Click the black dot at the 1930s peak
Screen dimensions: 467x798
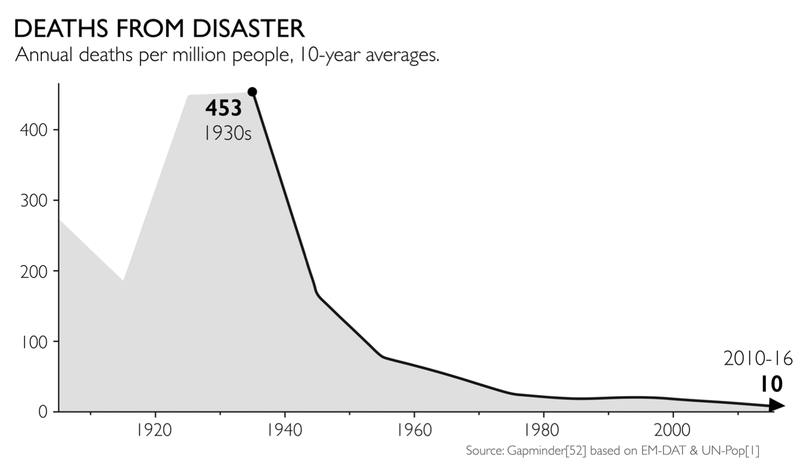pyautogui.click(x=252, y=92)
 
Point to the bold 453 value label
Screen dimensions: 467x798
pyautogui.click(x=223, y=108)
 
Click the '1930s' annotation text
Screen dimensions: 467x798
pyautogui.click(x=228, y=133)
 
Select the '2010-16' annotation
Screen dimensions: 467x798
pyautogui.click(x=758, y=359)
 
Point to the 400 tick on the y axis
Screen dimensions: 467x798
pyautogui.click(x=34, y=130)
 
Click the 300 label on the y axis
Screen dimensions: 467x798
pyautogui.click(x=34, y=201)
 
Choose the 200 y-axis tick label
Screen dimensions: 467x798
pyautogui.click(x=34, y=272)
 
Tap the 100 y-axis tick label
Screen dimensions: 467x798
pyautogui.click(x=34, y=342)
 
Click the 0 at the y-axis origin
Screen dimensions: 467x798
pyautogui.click(x=42, y=412)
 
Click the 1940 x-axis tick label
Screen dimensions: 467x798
pyautogui.click(x=284, y=430)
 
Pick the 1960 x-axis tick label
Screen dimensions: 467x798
pyautogui.click(x=414, y=430)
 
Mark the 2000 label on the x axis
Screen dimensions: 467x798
pyautogui.click(x=672, y=430)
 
